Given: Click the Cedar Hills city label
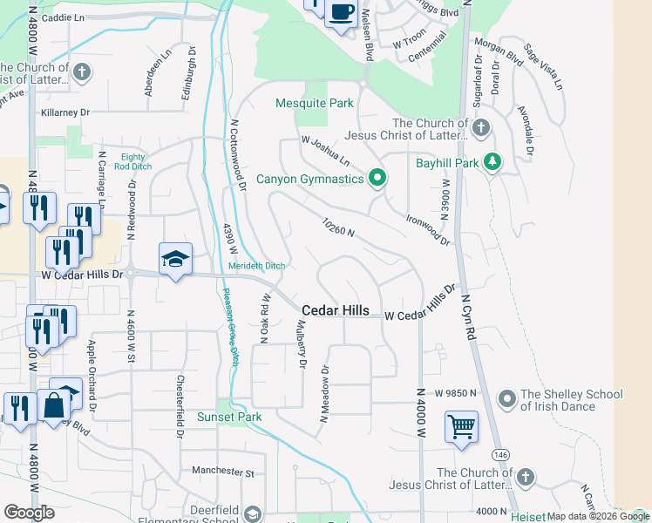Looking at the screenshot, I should [336, 311].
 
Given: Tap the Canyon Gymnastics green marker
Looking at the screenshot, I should [377, 179].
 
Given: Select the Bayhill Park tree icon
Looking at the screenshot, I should [492, 163].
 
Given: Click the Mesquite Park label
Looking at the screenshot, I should [314, 103].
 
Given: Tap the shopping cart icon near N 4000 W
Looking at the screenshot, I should [461, 427].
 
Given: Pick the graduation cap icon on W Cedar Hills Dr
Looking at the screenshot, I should [175, 259].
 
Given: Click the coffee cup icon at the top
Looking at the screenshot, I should [342, 12].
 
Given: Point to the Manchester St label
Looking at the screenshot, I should [222, 472].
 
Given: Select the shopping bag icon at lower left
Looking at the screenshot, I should [53, 405].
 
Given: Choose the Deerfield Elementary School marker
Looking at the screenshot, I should [253, 513].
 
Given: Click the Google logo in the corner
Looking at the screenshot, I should [29, 513].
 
